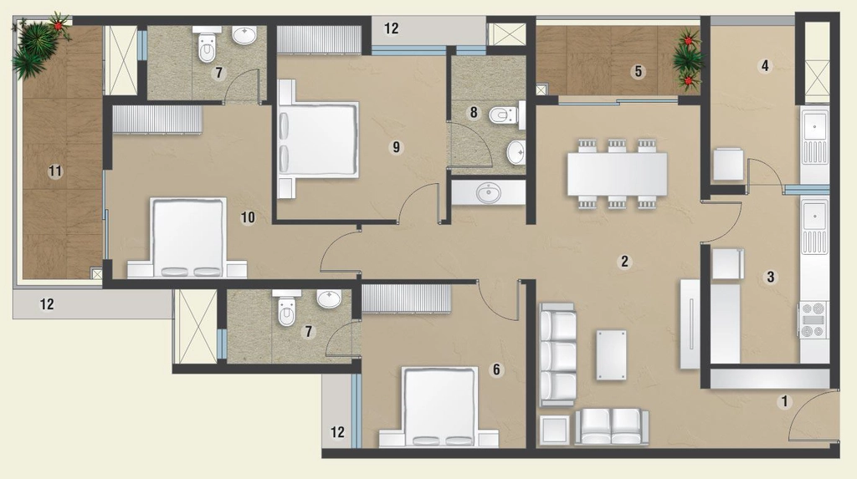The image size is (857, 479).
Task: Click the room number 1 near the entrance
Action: [784, 402]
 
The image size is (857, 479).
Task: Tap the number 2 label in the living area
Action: [624, 262]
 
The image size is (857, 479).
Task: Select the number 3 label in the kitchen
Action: [771, 277]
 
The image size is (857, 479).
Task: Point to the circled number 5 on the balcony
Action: [637, 72]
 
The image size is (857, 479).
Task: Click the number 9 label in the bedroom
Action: [396, 147]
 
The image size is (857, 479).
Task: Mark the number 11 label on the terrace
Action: [55, 171]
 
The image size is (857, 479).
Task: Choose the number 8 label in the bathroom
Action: [474, 113]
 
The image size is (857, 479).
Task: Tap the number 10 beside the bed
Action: [248, 217]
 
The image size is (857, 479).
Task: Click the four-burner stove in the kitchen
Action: [813, 319]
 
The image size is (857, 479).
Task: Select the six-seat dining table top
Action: [617, 174]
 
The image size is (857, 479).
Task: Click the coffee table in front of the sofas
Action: [612, 355]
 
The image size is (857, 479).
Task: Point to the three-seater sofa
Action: [557, 355]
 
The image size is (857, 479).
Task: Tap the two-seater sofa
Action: [612, 427]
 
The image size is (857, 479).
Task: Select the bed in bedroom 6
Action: [439, 407]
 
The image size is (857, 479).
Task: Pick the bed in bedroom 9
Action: [318, 139]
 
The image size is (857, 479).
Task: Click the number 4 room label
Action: [765, 65]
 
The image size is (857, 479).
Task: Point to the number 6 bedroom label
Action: [496, 369]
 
